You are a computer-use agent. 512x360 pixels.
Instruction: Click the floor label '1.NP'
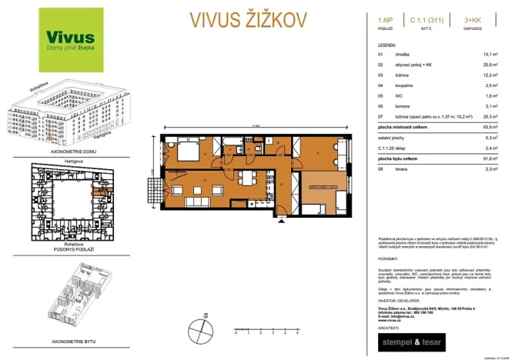[x=386, y=17]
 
